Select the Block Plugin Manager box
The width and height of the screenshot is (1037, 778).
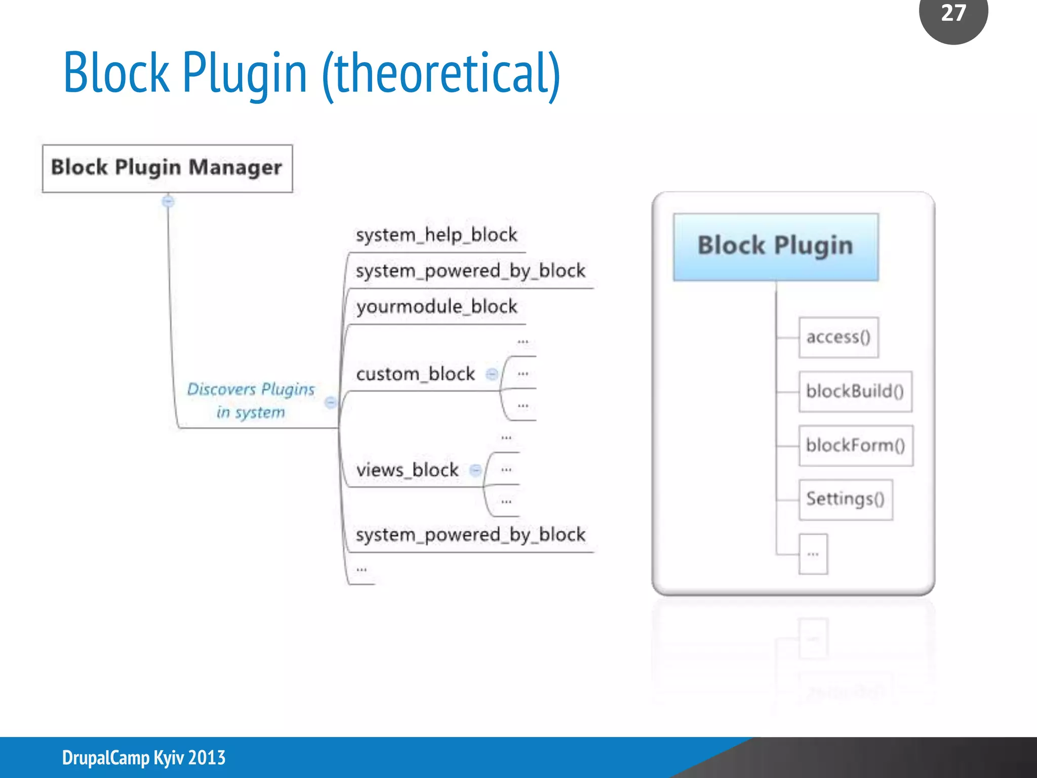click(167, 168)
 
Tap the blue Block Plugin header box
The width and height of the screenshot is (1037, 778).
click(775, 247)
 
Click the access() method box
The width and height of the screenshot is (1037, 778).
click(838, 337)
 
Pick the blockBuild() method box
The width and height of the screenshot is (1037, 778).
click(855, 392)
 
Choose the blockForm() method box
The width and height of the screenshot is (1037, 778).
click(855, 446)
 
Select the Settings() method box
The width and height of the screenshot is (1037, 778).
click(845, 499)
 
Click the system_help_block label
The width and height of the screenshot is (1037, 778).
click(436, 235)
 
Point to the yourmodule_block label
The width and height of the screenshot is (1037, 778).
click(436, 307)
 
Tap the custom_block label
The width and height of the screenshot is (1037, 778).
click(415, 374)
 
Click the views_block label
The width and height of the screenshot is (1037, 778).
click(407, 470)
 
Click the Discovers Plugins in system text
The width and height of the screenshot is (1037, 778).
click(251, 400)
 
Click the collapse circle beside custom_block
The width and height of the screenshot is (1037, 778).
click(491, 374)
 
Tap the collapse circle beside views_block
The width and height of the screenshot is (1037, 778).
click(475, 470)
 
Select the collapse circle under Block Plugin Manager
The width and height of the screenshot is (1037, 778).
click(168, 202)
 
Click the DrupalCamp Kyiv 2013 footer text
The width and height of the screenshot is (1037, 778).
click(144, 758)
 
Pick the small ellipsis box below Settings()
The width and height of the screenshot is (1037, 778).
click(813, 554)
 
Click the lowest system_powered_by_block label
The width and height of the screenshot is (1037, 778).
click(470, 535)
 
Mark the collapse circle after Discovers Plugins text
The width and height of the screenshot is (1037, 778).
click(330, 403)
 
